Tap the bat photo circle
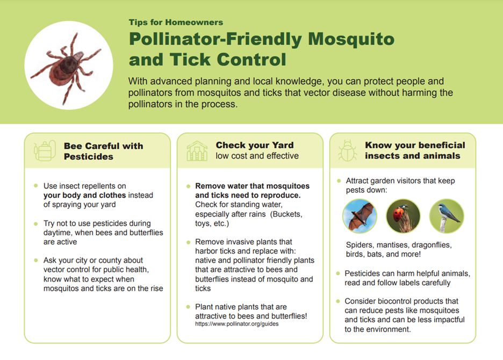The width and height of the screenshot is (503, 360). click(x=360, y=216)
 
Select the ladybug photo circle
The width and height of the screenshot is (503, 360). click(x=403, y=216)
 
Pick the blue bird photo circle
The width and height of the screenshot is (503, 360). click(x=447, y=216)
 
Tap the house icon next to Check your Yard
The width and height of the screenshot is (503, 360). click(x=197, y=151)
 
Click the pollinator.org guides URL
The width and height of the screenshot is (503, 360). click(x=237, y=324)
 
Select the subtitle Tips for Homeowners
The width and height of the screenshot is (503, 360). click(x=176, y=22)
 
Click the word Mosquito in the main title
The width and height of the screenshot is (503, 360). click(x=351, y=39)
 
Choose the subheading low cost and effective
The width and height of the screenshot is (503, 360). click(x=257, y=156)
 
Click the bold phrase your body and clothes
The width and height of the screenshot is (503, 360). click(x=85, y=196)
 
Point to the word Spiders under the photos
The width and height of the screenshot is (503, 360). click(x=360, y=245)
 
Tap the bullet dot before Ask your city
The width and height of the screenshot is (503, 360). click(x=35, y=260)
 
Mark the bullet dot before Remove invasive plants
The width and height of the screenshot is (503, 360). click(x=188, y=242)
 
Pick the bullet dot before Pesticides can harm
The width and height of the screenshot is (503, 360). click(x=338, y=273)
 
